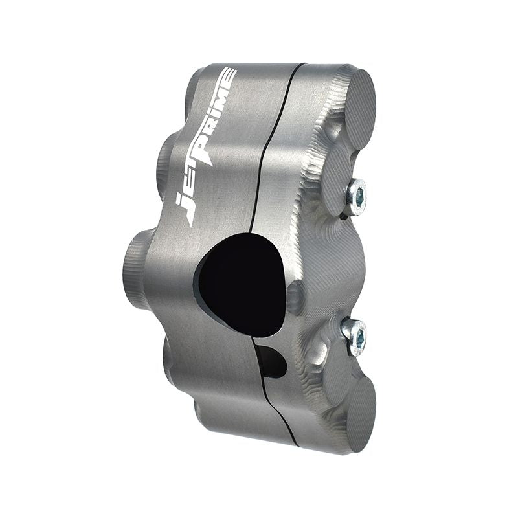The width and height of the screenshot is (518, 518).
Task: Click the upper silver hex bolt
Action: pos(356,196)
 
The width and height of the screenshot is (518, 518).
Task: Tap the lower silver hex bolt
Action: pos(354,335)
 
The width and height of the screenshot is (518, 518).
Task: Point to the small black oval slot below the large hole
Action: pos(272,361)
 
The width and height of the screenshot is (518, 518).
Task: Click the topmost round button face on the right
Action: pos(359,107)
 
